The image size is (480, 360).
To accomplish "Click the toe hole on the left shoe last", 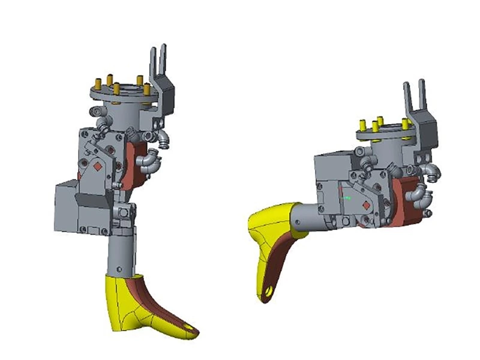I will [190, 329].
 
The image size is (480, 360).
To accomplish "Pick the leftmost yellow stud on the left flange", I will [96, 83].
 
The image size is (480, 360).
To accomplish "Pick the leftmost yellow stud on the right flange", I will [362, 125].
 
